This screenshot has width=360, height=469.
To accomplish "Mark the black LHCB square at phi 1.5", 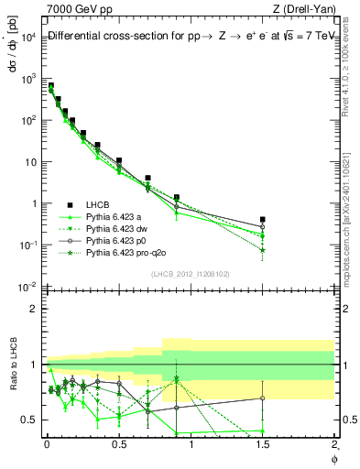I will [263, 220].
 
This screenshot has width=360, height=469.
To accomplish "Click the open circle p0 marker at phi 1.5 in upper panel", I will [263, 227].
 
